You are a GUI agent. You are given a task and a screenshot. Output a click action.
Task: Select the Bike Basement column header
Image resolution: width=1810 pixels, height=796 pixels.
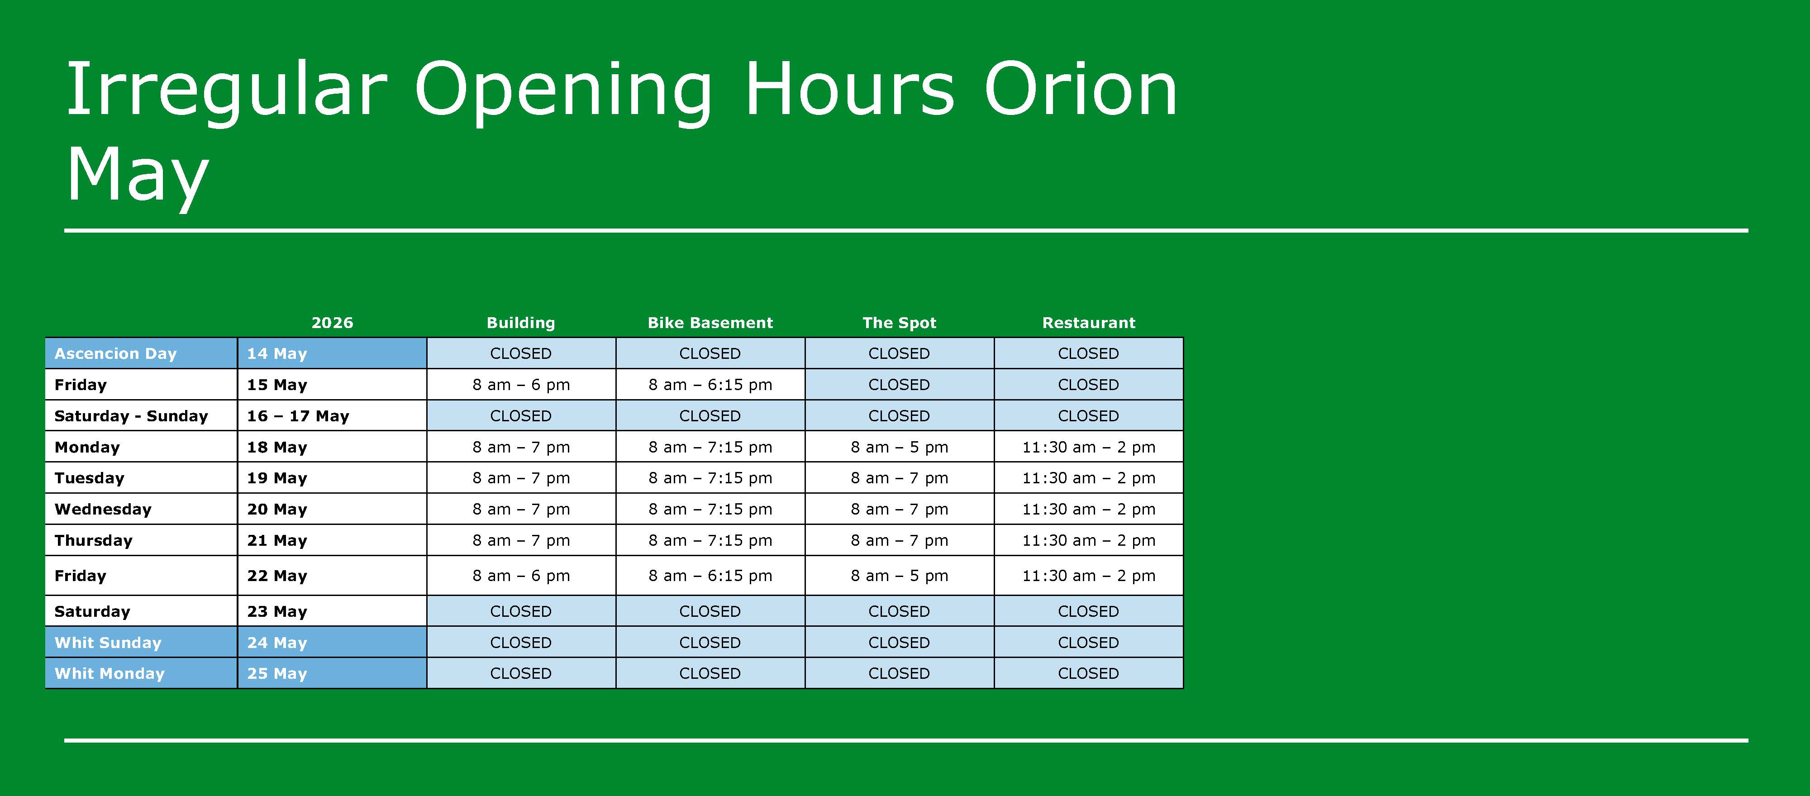click(x=710, y=323)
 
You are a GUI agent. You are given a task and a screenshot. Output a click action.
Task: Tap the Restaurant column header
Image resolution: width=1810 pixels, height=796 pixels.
click(x=1088, y=323)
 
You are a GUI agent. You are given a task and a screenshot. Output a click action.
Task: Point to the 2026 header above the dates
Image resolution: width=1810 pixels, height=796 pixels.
click(x=332, y=323)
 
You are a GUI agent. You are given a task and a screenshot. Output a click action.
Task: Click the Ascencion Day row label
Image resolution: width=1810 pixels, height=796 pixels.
click(x=115, y=353)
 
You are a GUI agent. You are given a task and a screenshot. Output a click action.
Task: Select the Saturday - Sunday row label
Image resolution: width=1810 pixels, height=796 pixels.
click(x=131, y=416)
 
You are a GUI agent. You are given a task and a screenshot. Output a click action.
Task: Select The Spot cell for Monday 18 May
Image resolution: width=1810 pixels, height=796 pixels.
click(x=900, y=447)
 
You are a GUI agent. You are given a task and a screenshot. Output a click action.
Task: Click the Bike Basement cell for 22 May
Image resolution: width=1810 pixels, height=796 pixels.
click(x=710, y=576)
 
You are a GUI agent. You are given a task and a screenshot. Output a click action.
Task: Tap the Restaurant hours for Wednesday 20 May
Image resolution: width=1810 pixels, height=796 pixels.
click(x=1088, y=510)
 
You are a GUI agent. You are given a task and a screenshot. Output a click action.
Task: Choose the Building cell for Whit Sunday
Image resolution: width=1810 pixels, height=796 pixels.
click(x=521, y=642)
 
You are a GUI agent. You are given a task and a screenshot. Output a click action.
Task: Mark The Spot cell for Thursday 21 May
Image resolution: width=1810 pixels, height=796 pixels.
click(x=900, y=540)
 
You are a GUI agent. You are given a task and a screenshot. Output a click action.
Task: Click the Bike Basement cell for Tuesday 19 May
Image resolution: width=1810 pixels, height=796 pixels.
click(x=710, y=478)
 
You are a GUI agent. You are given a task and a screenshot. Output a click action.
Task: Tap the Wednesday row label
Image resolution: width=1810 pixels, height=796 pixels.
click(x=103, y=510)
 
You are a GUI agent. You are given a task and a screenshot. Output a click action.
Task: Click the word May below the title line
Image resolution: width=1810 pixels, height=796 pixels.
click(x=138, y=176)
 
